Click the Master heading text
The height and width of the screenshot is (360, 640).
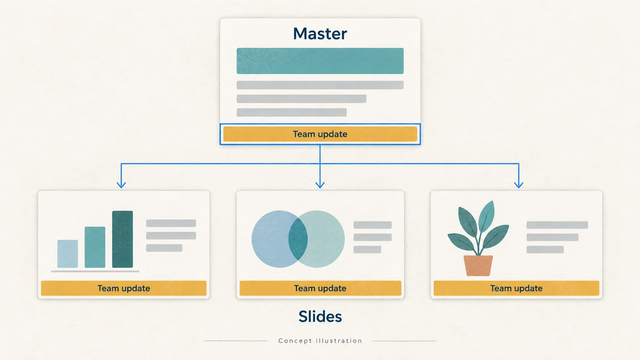320,34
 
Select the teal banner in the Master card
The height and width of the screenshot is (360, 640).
320,61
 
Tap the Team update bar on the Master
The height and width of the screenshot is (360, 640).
320,134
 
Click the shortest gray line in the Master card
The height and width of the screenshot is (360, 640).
291,112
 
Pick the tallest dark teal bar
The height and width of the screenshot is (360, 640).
122,239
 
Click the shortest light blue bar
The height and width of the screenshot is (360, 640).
68,254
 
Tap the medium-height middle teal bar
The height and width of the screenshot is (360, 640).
95,247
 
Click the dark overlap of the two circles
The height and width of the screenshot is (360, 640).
298,239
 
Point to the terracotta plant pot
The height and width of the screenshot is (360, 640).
478,266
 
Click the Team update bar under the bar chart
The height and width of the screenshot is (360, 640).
124,288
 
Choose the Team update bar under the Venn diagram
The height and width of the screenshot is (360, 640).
320,288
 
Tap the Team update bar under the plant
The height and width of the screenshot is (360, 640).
516,288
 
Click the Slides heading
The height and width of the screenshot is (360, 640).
320,317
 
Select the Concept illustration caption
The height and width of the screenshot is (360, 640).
320,340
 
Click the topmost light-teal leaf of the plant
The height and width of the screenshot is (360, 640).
487,215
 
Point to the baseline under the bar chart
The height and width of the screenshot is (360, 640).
95,271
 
